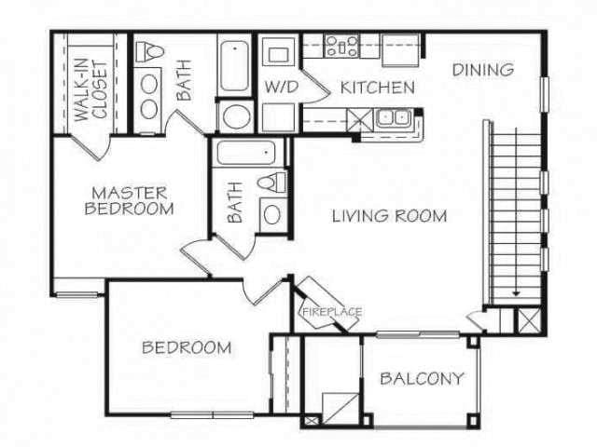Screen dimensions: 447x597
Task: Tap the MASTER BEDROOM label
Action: click(x=129, y=200)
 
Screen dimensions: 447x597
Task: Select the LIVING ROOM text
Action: click(x=389, y=216)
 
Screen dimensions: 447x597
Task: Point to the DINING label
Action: click(x=483, y=69)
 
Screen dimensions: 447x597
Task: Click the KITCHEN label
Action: click(x=377, y=88)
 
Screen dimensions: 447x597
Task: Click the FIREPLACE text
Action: click(x=330, y=312)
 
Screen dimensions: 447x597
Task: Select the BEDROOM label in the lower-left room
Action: click(x=187, y=348)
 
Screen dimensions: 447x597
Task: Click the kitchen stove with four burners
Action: click(x=342, y=47)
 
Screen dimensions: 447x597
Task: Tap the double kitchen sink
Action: click(x=395, y=119)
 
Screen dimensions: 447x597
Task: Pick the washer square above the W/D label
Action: click(x=278, y=54)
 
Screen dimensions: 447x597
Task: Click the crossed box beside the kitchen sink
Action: click(x=359, y=119)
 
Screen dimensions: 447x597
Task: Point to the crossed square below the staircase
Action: click(x=528, y=320)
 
